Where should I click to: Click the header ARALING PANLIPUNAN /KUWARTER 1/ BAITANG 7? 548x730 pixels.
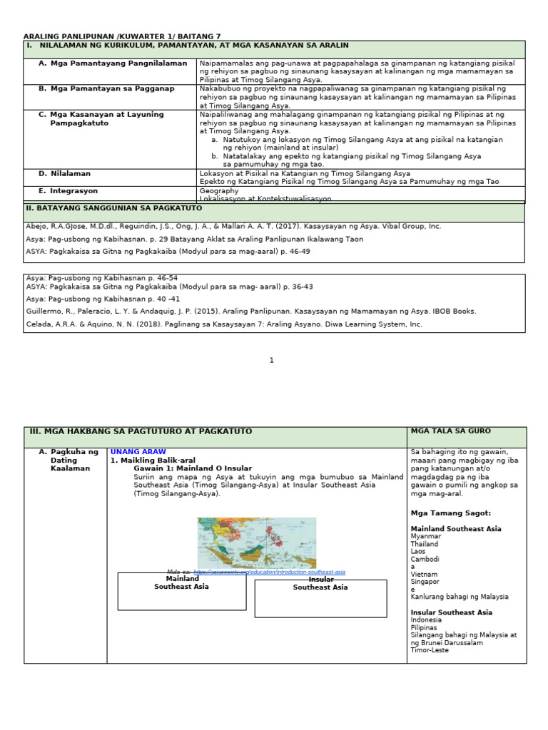click(x=122, y=36)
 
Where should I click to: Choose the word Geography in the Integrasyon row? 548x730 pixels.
click(x=219, y=191)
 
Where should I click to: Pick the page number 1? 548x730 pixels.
click(x=272, y=361)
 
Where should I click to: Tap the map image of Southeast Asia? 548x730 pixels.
click(x=255, y=543)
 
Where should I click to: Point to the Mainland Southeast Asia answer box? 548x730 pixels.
click(x=181, y=592)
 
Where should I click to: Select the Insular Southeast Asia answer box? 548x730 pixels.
click(x=320, y=598)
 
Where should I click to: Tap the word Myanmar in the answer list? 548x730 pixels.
click(x=426, y=536)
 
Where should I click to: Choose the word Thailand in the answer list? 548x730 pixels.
click(x=425, y=544)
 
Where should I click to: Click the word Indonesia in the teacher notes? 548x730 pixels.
click(x=426, y=620)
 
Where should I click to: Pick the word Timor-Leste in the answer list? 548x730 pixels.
click(x=430, y=650)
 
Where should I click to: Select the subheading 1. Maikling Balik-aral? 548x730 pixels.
click(x=153, y=461)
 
